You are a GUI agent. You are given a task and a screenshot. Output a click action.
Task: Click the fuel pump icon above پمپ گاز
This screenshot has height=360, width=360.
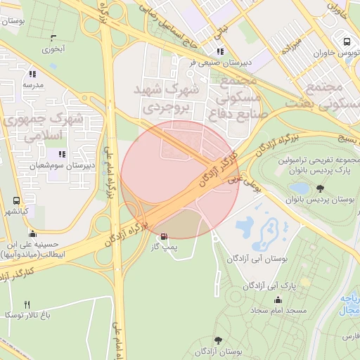pyautogui.click(x=165, y=236)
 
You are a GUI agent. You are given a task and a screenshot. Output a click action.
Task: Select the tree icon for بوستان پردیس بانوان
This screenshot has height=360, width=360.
pyautogui.click(x=321, y=188)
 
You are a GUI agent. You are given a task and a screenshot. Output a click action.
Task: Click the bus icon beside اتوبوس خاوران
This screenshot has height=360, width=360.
pyautogui.click(x=342, y=40)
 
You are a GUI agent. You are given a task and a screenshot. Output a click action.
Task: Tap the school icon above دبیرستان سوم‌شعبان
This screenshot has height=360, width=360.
pyautogui.click(x=62, y=154)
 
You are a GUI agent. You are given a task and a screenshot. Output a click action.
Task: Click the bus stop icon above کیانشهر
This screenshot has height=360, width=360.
pyautogui.click(x=16, y=200)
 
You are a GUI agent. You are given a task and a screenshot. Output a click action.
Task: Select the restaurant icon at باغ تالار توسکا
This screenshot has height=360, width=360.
pyautogui.click(x=27, y=304)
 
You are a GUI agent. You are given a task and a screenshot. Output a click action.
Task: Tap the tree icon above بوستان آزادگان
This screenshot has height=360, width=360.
pyautogui.click(x=217, y=340)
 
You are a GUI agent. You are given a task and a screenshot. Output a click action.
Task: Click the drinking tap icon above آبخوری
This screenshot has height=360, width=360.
pyautogui.click(x=53, y=37)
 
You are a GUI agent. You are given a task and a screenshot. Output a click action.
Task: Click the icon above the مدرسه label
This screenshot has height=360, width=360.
pyautogui.click(x=31, y=73)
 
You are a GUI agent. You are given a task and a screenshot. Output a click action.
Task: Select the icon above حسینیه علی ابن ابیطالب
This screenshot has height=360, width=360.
pyautogui.click(x=32, y=234)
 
